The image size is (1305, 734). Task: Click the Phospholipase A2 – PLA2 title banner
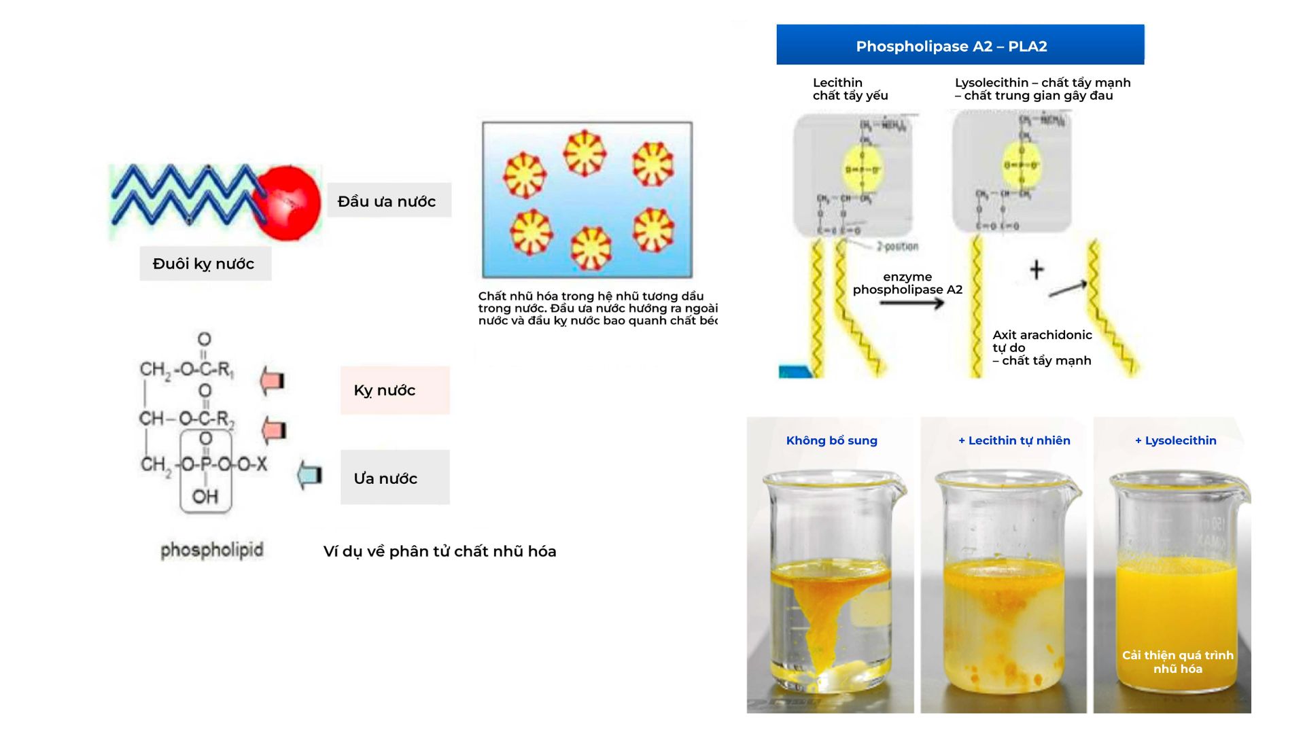(960, 46)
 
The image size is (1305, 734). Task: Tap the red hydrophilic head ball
(288, 203)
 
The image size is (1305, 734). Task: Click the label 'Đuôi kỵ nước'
(205, 264)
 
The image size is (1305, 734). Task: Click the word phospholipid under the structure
(211, 550)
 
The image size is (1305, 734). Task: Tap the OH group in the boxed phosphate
(205, 497)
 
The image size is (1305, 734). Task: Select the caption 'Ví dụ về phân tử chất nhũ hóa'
(440, 551)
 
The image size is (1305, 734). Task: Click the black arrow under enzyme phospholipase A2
(911, 302)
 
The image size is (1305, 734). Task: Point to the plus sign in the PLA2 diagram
(1036, 270)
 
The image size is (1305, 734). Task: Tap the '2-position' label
(897, 246)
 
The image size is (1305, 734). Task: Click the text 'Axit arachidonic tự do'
(1041, 341)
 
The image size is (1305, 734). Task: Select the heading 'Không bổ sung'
(831, 440)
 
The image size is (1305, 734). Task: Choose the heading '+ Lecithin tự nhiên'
(1014, 440)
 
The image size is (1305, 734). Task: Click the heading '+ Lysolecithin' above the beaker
(1175, 440)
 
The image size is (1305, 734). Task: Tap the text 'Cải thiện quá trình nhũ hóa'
(1177, 662)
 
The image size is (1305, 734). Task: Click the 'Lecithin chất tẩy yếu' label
(850, 89)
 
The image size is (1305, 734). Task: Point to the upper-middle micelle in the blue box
(584, 153)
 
